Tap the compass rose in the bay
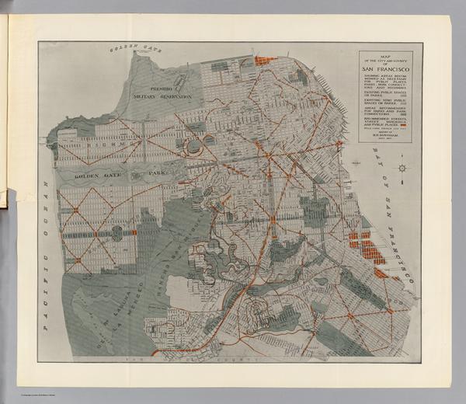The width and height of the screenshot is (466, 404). point(402,167)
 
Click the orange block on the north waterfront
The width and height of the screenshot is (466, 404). point(266,60)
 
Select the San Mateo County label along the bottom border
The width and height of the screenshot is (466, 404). point(233,360)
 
